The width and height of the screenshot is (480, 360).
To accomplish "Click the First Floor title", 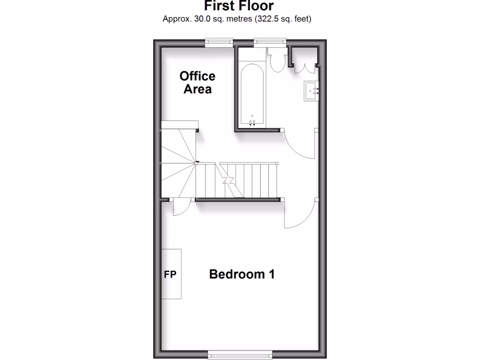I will click(x=239, y=6).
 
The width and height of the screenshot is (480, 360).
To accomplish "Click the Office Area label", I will click(x=197, y=82).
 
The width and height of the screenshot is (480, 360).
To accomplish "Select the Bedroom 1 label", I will click(x=241, y=274).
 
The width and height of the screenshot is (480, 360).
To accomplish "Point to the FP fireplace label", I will click(x=170, y=275).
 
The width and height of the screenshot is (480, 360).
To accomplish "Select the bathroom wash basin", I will click(x=311, y=90).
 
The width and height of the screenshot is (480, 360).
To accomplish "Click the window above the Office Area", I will click(x=219, y=42).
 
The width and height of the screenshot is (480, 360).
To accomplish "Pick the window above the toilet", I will click(x=270, y=42).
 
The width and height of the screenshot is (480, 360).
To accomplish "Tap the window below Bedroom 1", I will click(x=240, y=355).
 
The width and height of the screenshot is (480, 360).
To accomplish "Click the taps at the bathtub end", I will click(x=252, y=122).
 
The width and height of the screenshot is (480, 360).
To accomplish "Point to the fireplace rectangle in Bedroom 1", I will click(x=172, y=274).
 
